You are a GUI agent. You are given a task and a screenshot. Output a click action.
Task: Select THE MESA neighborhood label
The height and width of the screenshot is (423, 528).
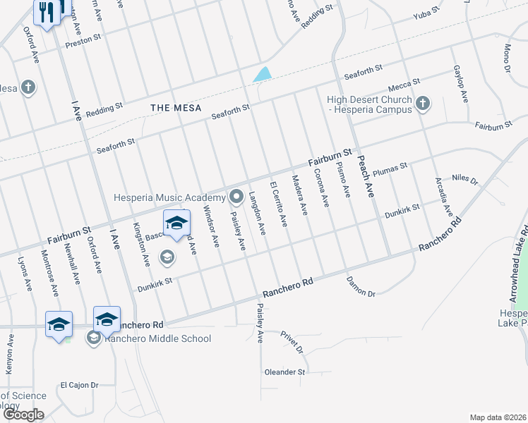(x=176, y=108)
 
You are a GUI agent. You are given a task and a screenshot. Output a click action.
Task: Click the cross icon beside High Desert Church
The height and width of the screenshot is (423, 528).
(x=422, y=104)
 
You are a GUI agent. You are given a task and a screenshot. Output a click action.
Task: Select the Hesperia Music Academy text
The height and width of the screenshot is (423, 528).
(x=169, y=197)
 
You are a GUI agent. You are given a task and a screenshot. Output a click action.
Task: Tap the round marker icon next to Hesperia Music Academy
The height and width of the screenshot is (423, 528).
(x=236, y=196)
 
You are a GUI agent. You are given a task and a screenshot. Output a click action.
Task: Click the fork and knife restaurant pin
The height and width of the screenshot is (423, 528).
(x=47, y=12)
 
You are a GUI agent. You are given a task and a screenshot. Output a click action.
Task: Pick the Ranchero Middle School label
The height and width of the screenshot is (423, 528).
(x=157, y=338)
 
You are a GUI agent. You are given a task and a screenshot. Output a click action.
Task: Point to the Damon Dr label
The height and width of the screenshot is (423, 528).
(x=361, y=285)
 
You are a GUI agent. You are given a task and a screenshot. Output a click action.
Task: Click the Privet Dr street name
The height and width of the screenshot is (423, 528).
(x=291, y=341)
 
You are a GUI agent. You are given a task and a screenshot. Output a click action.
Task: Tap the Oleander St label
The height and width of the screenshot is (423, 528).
(x=284, y=372)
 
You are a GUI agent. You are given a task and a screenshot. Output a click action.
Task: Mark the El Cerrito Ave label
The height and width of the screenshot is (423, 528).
(x=279, y=204)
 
